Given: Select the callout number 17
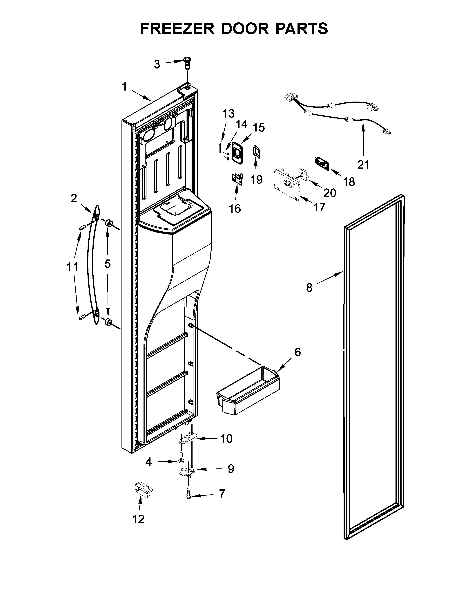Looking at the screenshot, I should tap(319, 207).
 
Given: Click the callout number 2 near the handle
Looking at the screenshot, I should tap(73, 198).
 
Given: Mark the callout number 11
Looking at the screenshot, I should tap(72, 267).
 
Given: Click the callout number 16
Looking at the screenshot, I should tap(235, 209).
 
